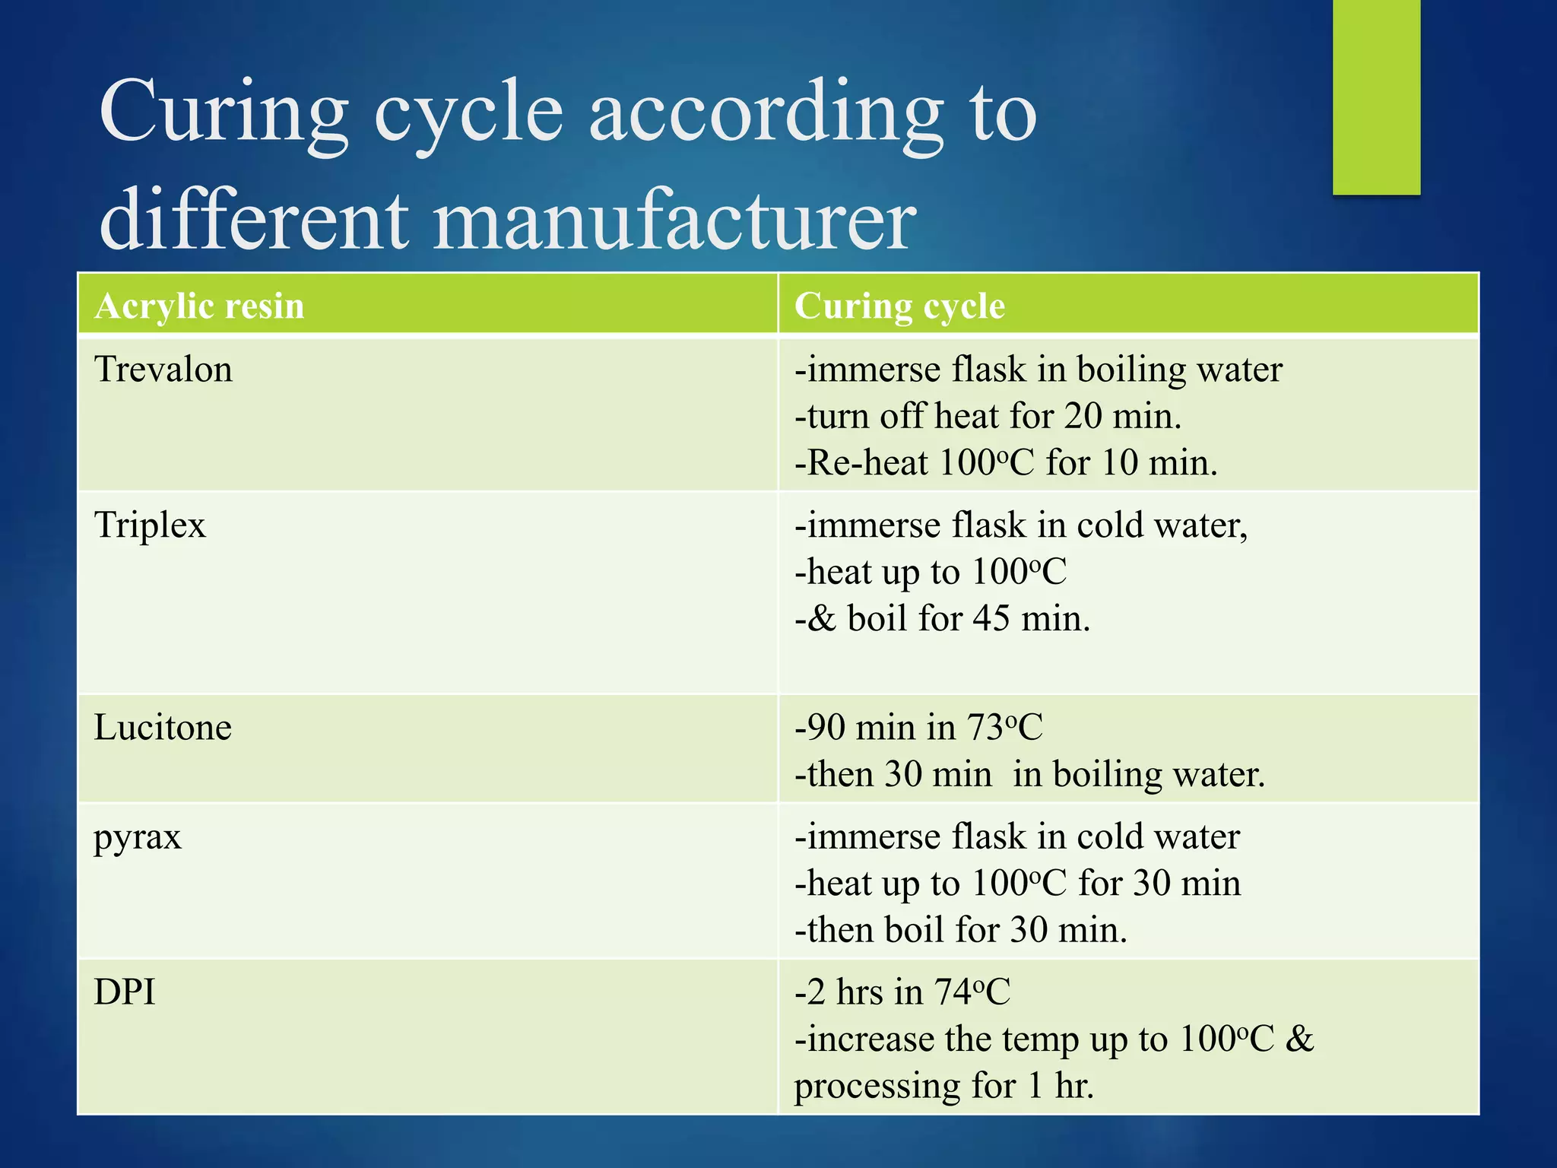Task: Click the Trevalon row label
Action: pos(163,370)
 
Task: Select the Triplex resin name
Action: pos(150,525)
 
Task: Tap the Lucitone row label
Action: pos(163,728)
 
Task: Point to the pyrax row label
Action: pos(138,838)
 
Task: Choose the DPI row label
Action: pos(125,992)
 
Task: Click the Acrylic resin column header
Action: pos(199,306)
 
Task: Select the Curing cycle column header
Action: pos(899,306)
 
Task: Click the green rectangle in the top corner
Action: pos(1376,97)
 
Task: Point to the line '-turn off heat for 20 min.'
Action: pos(988,417)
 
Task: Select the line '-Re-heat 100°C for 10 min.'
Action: pos(1006,463)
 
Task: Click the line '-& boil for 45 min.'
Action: pos(942,618)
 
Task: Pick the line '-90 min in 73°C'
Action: pos(918,728)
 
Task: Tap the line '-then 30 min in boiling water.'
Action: pos(1029,775)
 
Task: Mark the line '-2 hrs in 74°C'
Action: pos(902,992)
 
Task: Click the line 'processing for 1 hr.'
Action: pos(943,1086)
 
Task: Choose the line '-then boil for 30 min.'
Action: pos(960,930)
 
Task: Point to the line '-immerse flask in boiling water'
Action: pos(1038,370)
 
